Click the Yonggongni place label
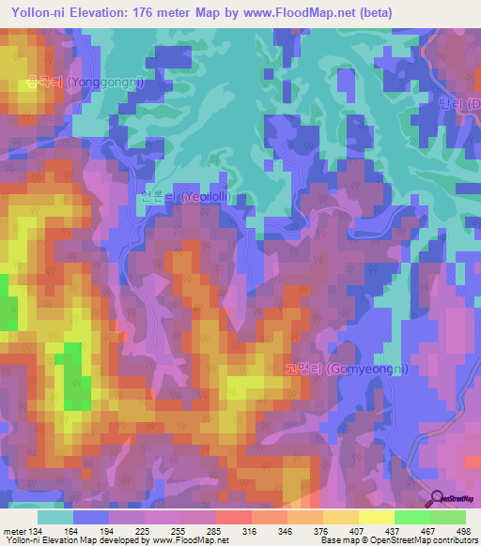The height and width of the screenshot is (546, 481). [x=84, y=83]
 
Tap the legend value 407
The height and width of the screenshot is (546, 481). [x=360, y=531]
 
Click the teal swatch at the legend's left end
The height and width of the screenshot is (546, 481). [x=55, y=517]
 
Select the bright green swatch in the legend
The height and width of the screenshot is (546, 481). [x=411, y=517]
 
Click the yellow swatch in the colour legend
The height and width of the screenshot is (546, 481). [x=376, y=517]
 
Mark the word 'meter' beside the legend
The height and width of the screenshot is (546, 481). [x=14, y=531]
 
